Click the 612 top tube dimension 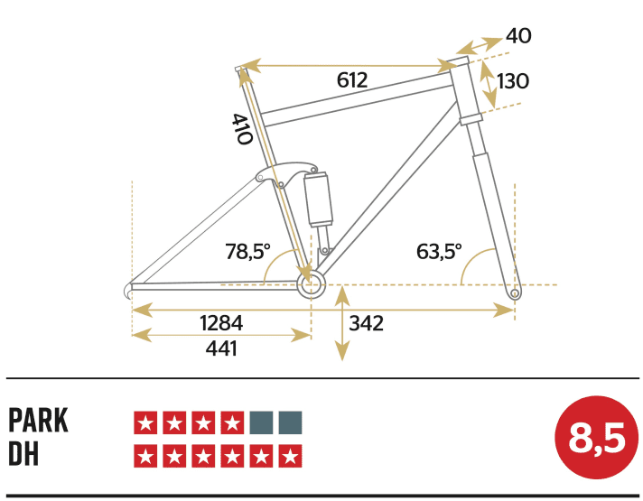(x=352, y=80)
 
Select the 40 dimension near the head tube (x=518, y=36)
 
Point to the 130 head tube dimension (x=512, y=81)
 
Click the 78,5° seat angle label (x=247, y=251)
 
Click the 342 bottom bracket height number (x=365, y=322)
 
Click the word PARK (x=38, y=421)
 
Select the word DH (x=23, y=454)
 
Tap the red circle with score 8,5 (x=596, y=439)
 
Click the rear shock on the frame (x=319, y=199)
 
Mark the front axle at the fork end (x=515, y=292)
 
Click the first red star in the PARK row (x=144, y=422)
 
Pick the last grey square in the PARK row (x=291, y=422)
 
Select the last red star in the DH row (x=291, y=456)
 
